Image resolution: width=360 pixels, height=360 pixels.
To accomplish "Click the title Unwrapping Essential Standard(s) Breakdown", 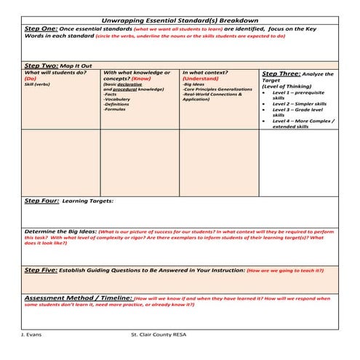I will pos(180,20).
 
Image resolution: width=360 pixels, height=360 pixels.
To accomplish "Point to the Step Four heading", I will pos(41,200).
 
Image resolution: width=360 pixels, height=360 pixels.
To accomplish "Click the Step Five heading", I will pos(41,270).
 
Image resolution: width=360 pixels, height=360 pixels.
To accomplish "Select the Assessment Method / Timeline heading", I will pos(79,297).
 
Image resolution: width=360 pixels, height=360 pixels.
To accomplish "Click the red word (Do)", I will pos(31,79).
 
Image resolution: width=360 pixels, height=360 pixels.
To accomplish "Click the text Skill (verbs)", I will pos(39,84).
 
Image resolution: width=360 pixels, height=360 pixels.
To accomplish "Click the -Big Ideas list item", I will pos(194,84).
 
